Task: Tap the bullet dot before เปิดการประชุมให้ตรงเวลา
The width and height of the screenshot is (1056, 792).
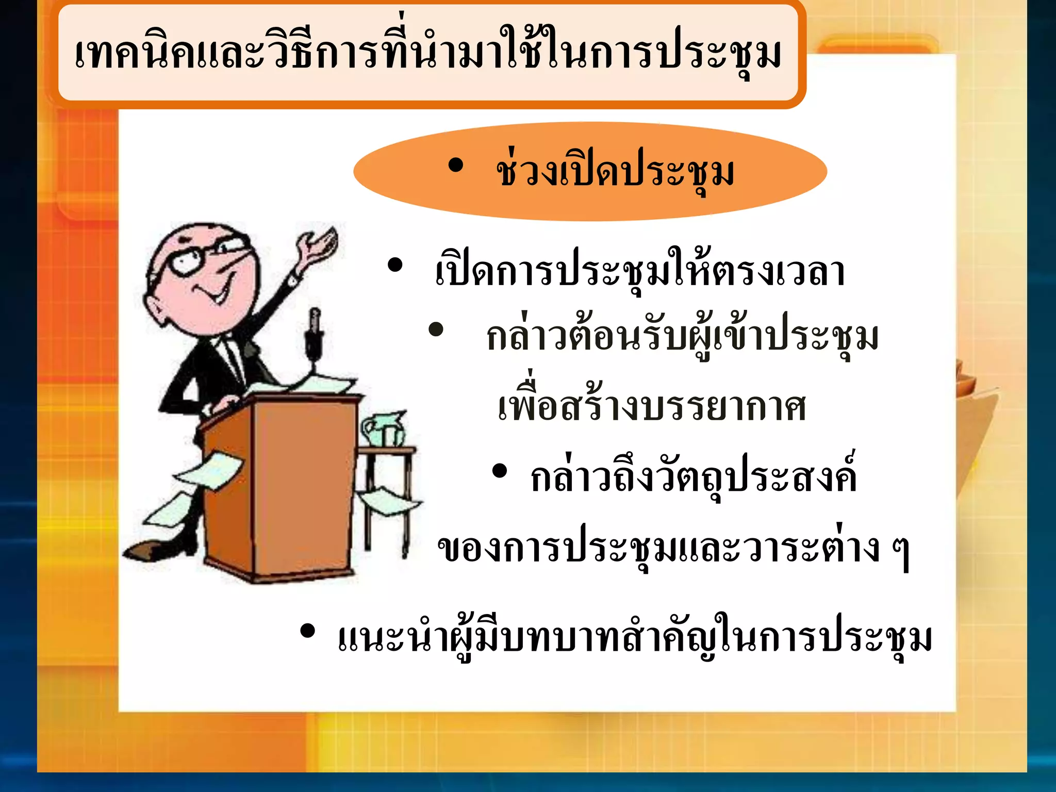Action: tap(395, 266)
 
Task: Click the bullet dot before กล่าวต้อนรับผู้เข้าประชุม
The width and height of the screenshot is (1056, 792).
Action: tap(436, 330)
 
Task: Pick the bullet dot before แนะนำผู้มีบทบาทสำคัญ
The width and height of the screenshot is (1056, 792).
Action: tap(307, 631)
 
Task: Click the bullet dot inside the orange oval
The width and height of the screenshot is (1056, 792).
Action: tap(456, 166)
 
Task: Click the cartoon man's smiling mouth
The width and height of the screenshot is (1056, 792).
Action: tap(214, 294)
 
